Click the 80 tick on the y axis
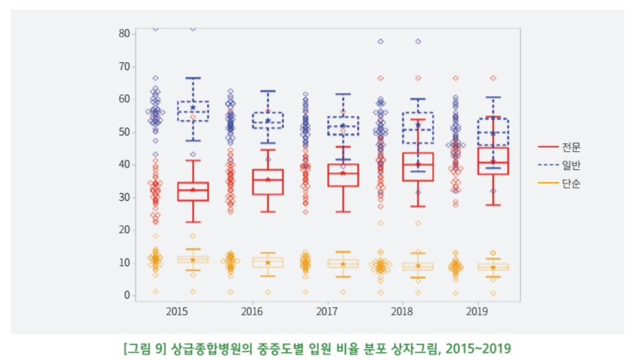[x=123, y=33]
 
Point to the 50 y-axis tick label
[x=123, y=132]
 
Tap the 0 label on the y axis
[x=126, y=295]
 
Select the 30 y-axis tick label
[x=123, y=198]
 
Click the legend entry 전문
[x=571, y=147]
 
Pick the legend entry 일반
[x=571, y=165]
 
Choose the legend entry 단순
[x=571, y=183]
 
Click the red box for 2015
[x=193, y=192]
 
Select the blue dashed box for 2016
[x=268, y=120]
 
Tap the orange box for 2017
[x=343, y=264]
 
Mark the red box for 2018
[x=418, y=167]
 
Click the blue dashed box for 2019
[x=493, y=132]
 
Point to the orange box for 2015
[x=193, y=260]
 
